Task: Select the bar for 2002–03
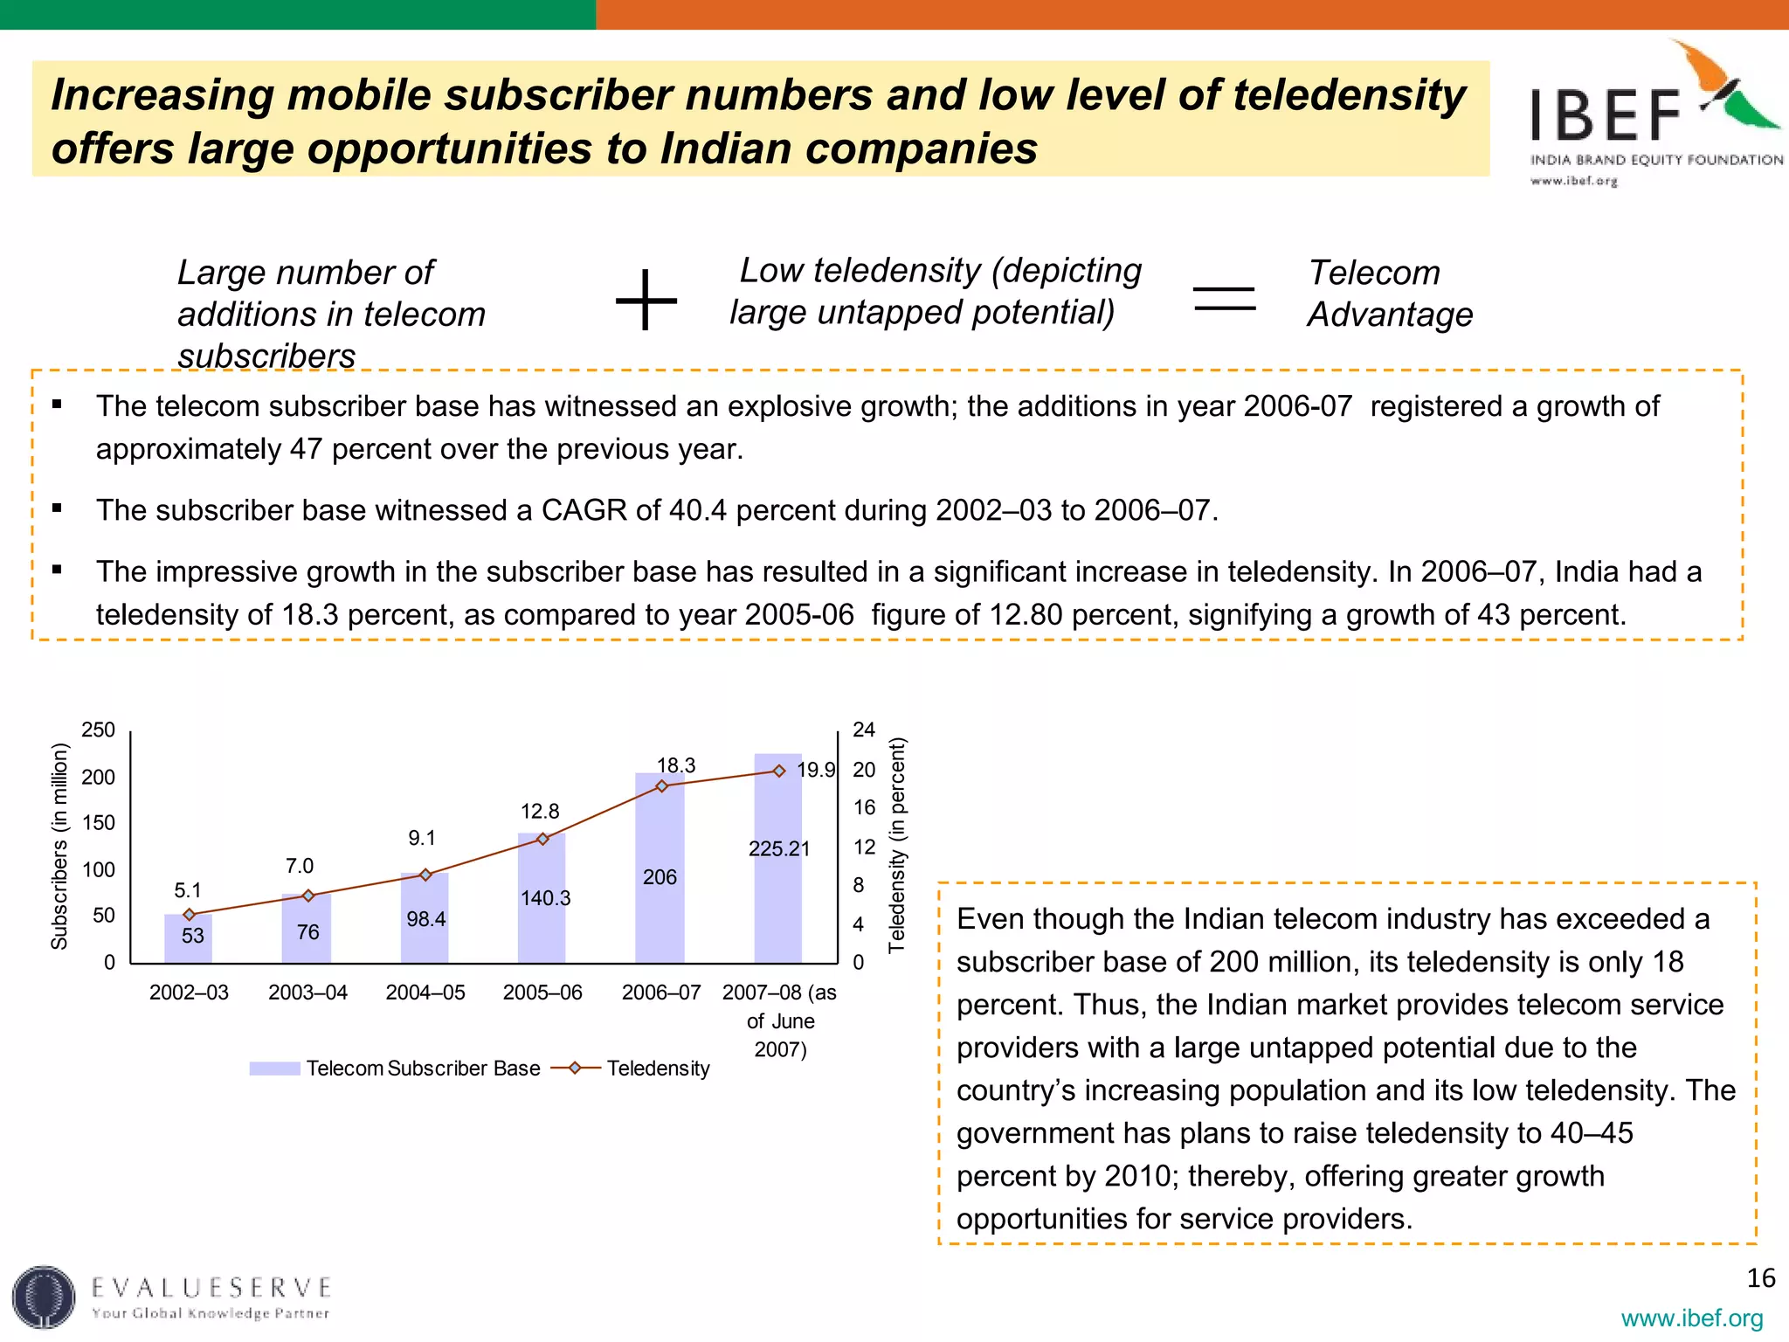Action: (189, 938)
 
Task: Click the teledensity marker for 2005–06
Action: (542, 839)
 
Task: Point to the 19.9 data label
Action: (816, 770)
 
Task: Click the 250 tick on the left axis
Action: (98, 730)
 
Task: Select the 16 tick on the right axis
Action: (864, 807)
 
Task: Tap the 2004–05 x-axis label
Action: (425, 993)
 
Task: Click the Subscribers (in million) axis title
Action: (59, 846)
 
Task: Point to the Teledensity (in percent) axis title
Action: (897, 845)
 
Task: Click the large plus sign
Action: (646, 300)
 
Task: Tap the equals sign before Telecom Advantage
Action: (1224, 299)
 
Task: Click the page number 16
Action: (1760, 1278)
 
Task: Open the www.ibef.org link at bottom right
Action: (1691, 1318)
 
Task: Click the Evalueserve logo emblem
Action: (44, 1297)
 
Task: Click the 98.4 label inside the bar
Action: (425, 918)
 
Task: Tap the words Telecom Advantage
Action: (1389, 294)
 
